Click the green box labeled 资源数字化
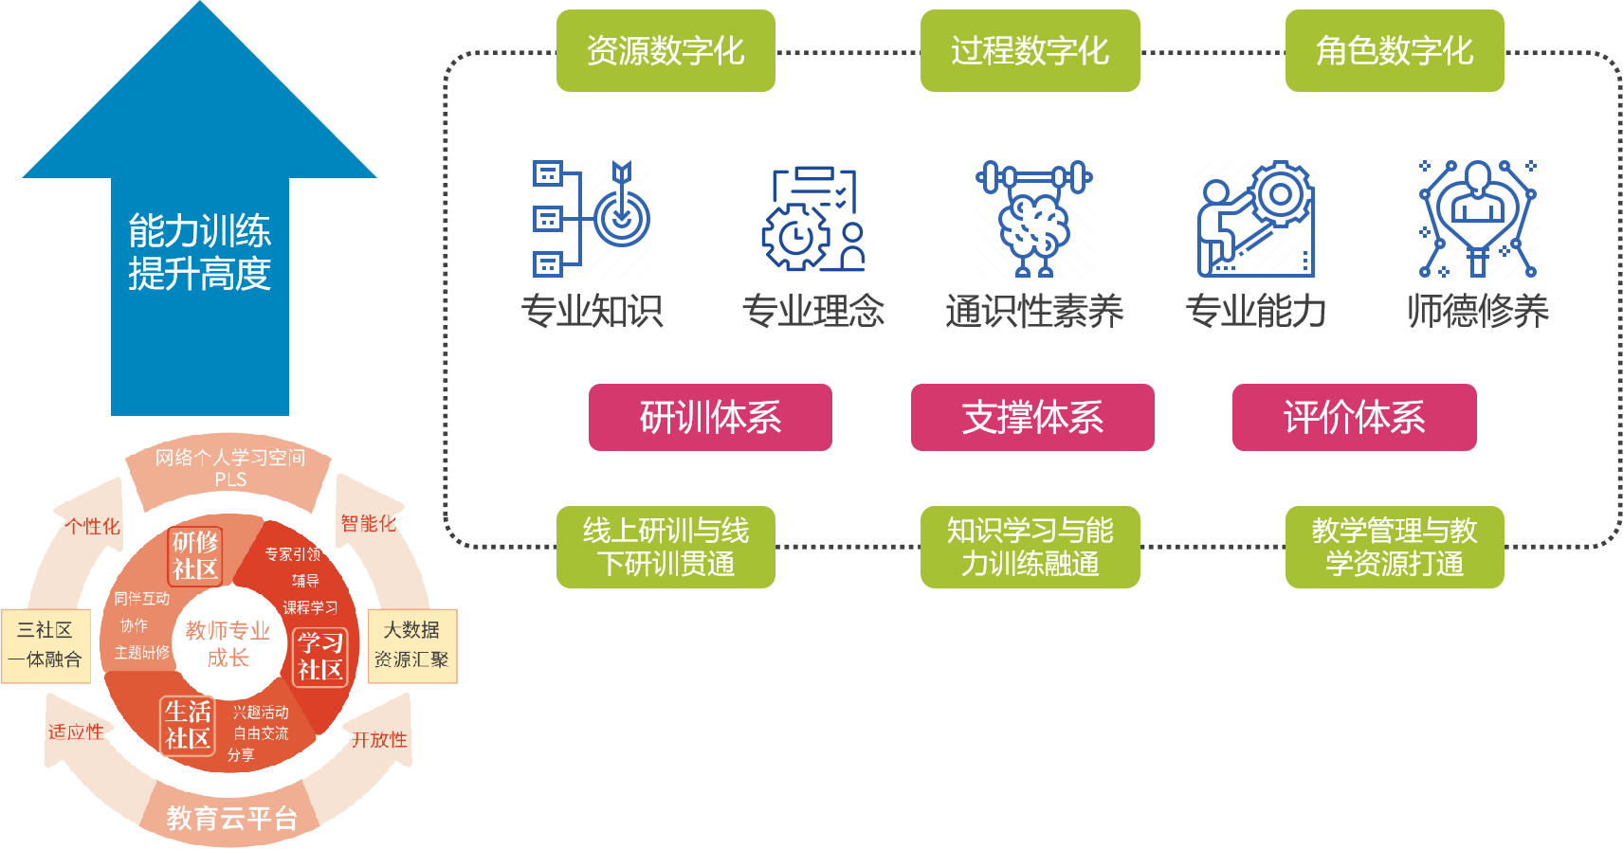666,51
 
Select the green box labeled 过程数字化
1030,51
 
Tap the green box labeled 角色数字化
1394,51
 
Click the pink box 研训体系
710,417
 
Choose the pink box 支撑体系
1032,417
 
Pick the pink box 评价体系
1354,417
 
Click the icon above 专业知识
592,219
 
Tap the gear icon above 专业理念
813,219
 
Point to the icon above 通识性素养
1034,219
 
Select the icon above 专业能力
1256,219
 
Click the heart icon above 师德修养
1477,219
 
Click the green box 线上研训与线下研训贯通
666,547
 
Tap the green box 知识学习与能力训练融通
1030,547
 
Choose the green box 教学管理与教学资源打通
1394,547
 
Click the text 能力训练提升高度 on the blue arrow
200,252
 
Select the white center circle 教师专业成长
228,644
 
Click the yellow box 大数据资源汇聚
411,645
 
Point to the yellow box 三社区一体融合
46,645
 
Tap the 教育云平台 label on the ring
231,818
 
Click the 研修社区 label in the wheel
195,555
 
